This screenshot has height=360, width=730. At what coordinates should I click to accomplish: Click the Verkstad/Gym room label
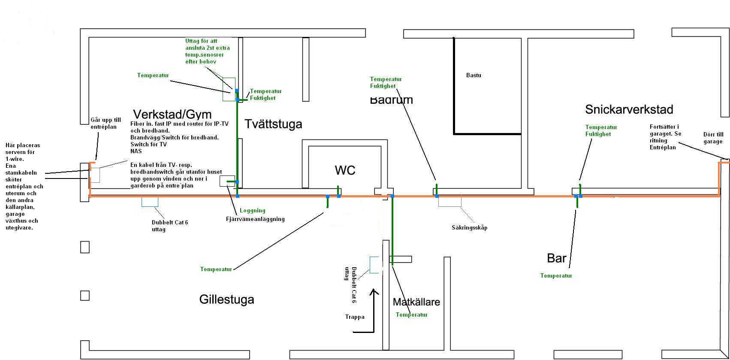pyautogui.click(x=172, y=115)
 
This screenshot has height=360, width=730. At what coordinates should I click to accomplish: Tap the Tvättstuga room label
pyautogui.click(x=273, y=124)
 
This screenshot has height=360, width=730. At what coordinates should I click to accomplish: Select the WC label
pyautogui.click(x=345, y=170)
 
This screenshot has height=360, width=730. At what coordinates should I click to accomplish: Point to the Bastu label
pyautogui.click(x=474, y=75)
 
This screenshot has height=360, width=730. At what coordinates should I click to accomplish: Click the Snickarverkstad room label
pyautogui.click(x=629, y=109)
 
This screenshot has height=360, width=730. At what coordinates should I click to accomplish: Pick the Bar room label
pyautogui.click(x=556, y=258)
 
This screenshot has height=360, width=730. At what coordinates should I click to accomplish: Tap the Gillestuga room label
pyautogui.click(x=226, y=299)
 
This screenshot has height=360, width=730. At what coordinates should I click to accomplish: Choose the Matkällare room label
pyautogui.click(x=416, y=302)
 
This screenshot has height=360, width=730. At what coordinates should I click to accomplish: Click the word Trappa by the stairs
pyautogui.click(x=355, y=317)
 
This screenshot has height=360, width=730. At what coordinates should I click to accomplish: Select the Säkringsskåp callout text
pyautogui.click(x=469, y=228)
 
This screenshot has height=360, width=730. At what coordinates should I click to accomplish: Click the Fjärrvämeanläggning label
pyautogui.click(x=255, y=219)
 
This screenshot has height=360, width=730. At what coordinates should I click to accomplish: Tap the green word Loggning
pyautogui.click(x=252, y=211)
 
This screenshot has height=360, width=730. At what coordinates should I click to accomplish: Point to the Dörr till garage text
pyautogui.click(x=713, y=138)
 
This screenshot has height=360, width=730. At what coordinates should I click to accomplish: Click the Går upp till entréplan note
pyautogui.click(x=106, y=124)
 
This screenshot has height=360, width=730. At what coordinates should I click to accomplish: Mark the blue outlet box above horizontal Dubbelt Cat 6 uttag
pyautogui.click(x=150, y=202)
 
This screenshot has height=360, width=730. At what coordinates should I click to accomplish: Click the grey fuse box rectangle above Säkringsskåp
pyautogui.click(x=449, y=201)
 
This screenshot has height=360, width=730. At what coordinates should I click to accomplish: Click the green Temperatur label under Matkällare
pyautogui.click(x=411, y=315)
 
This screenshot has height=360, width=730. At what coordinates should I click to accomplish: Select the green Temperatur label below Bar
pyautogui.click(x=556, y=276)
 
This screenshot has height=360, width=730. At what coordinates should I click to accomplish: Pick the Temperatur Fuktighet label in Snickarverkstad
pyautogui.click(x=601, y=130)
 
